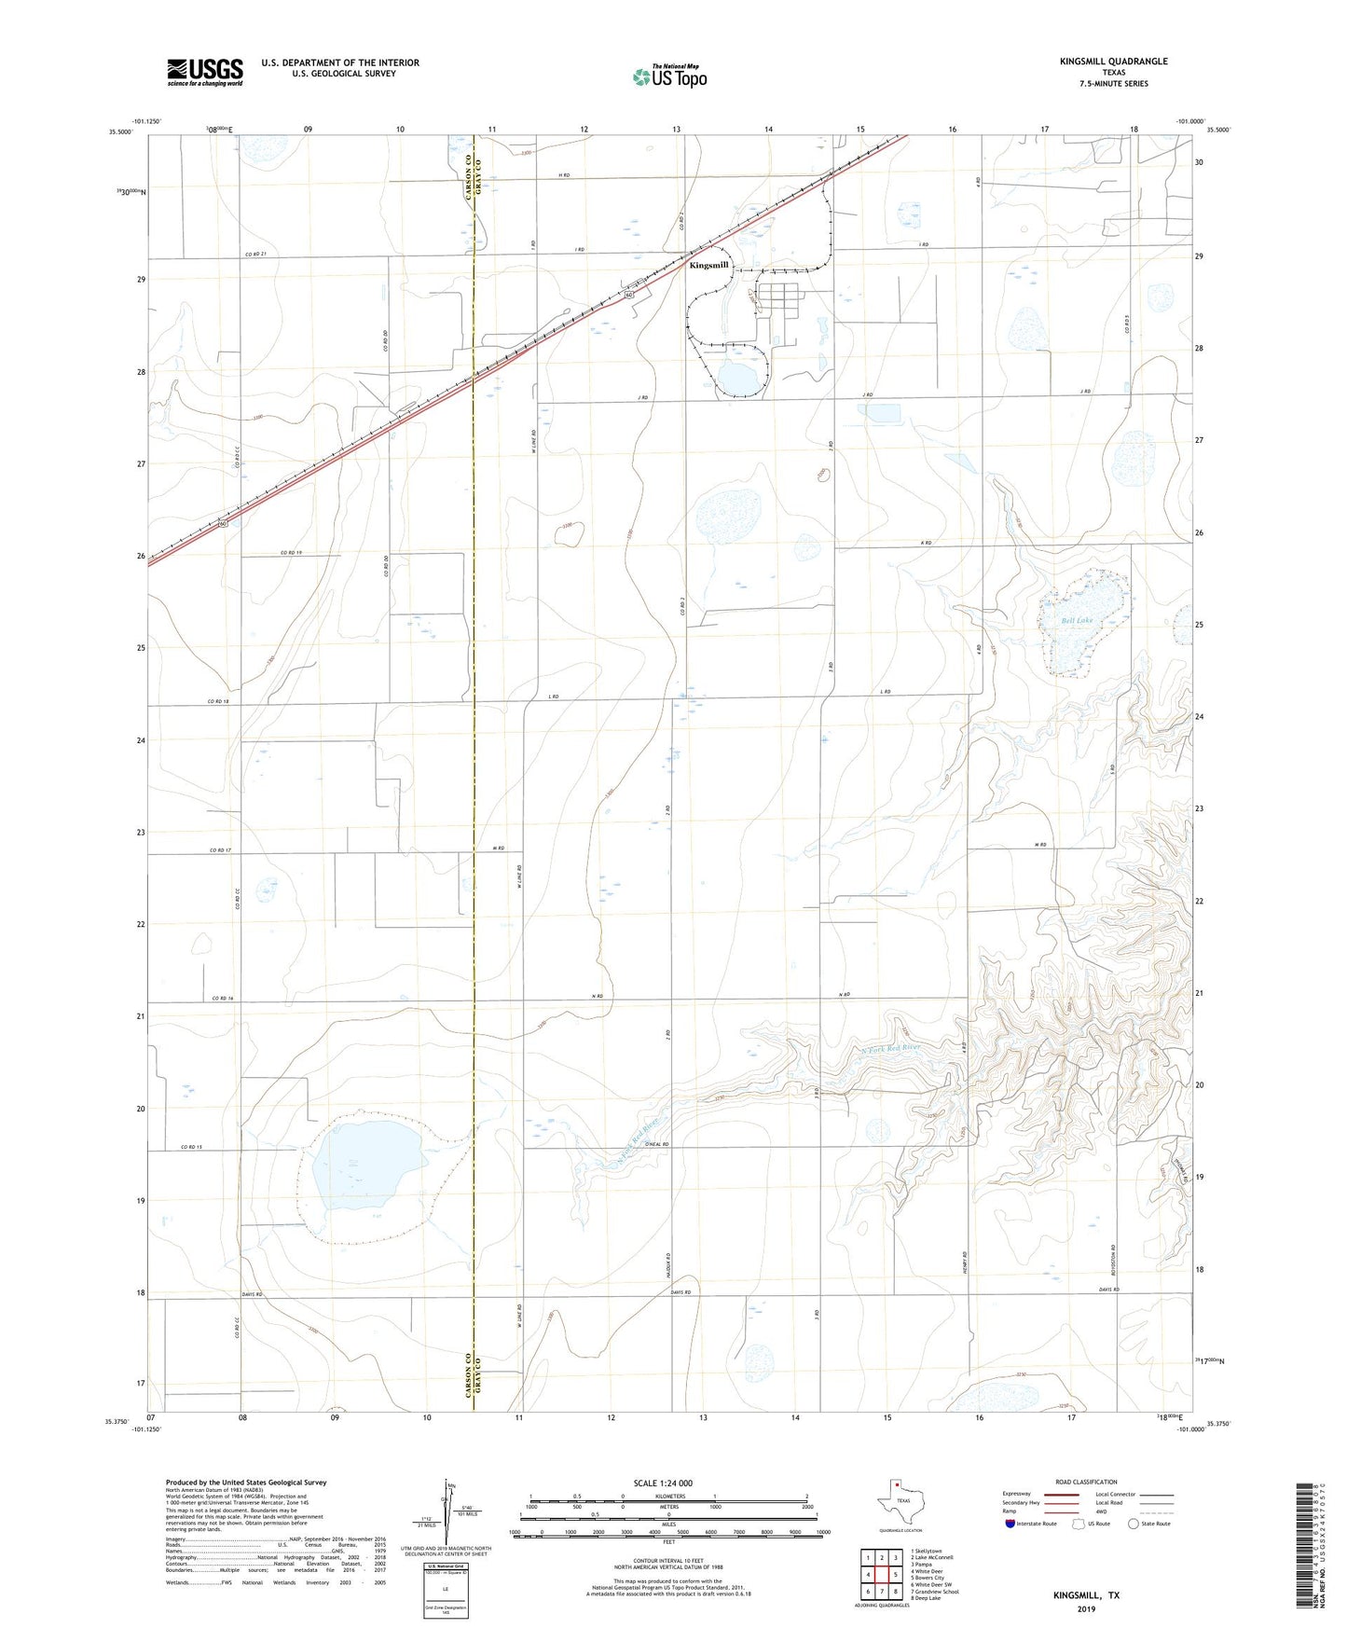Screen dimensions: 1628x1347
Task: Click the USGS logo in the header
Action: coord(205,72)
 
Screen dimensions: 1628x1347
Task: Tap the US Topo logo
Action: coord(670,76)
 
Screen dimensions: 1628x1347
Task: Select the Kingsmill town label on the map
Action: coord(708,265)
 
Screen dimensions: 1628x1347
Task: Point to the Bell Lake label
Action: coord(1076,621)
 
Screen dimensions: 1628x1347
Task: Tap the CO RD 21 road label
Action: coord(256,255)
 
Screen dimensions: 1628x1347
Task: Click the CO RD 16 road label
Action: coord(221,999)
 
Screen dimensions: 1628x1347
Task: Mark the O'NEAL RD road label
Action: coord(658,1144)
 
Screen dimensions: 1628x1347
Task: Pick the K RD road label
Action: coord(926,543)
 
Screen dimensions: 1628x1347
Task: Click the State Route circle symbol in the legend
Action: coord(1134,1525)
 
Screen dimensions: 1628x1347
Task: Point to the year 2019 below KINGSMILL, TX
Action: coord(1086,1608)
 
